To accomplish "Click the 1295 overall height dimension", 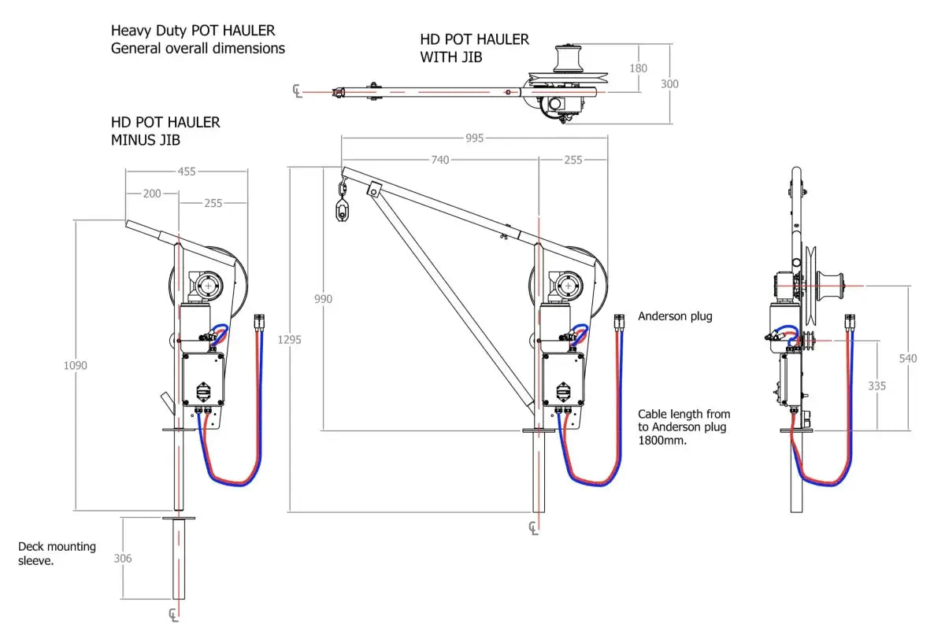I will tap(290, 340).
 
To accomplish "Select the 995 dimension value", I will tap(474, 138).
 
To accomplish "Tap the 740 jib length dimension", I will tap(439, 160).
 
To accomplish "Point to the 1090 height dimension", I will tap(76, 365).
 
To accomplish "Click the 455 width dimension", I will tap(186, 172).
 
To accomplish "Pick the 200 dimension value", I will tap(152, 194).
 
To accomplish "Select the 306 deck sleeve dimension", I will tap(123, 558).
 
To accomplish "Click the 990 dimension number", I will tap(323, 299).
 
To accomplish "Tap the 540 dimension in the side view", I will tap(908, 358).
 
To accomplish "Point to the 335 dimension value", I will tap(876, 386).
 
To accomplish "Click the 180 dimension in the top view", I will tap(639, 68).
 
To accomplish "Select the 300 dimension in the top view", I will tap(669, 83).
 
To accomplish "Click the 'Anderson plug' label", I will tap(674, 316).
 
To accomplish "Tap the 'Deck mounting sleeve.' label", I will tap(57, 553).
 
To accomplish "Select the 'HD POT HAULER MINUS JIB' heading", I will tap(165, 131).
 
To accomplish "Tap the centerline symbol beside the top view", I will tap(297, 91).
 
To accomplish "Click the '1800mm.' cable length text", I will tap(663, 441).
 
